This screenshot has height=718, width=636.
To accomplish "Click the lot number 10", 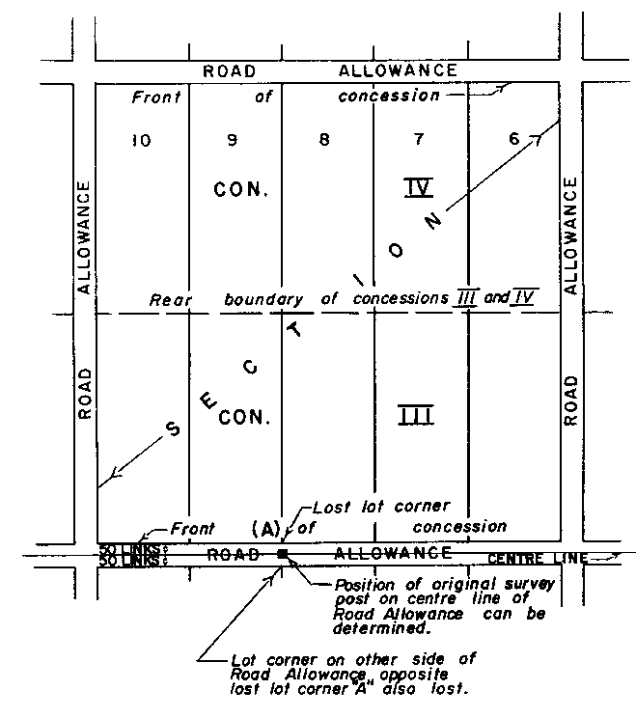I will [141, 141].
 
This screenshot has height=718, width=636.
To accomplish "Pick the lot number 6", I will [515, 140].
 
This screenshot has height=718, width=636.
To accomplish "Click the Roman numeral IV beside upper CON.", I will [418, 187].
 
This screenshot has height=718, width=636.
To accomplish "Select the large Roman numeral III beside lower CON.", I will [416, 416].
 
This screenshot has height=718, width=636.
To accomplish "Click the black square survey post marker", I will [283, 554].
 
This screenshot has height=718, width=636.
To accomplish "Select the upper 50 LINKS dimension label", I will [125, 549].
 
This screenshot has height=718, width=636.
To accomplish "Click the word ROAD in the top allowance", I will [229, 71].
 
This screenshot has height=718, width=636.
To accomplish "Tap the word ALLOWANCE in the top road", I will [398, 70].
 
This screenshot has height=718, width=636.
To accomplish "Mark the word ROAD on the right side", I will [570, 400].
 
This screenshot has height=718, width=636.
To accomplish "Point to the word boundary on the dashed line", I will [264, 300].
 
